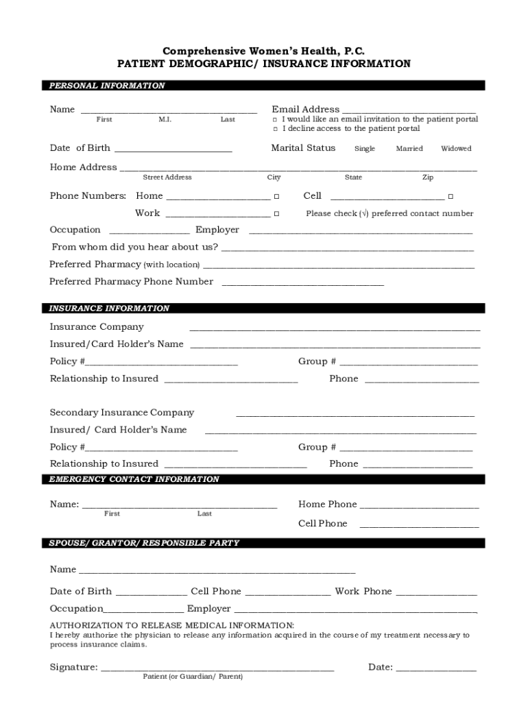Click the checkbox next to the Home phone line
(276, 197)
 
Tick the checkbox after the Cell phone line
(451, 197)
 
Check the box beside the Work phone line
(276, 214)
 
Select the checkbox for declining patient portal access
(275, 129)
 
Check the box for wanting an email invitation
(275, 119)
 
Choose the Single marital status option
(364, 149)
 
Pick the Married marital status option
(409, 149)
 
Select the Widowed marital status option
(456, 149)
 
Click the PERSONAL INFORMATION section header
(107, 86)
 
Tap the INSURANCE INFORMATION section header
(109, 308)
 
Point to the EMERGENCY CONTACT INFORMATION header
(134, 479)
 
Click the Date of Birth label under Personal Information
(80, 148)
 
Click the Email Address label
(305, 109)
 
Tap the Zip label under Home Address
(428, 178)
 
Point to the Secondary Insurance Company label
(122, 413)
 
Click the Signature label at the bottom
(73, 667)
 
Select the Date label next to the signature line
(380, 667)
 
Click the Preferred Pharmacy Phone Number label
(131, 282)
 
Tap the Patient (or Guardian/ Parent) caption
(193, 677)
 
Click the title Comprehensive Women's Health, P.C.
(264, 51)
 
